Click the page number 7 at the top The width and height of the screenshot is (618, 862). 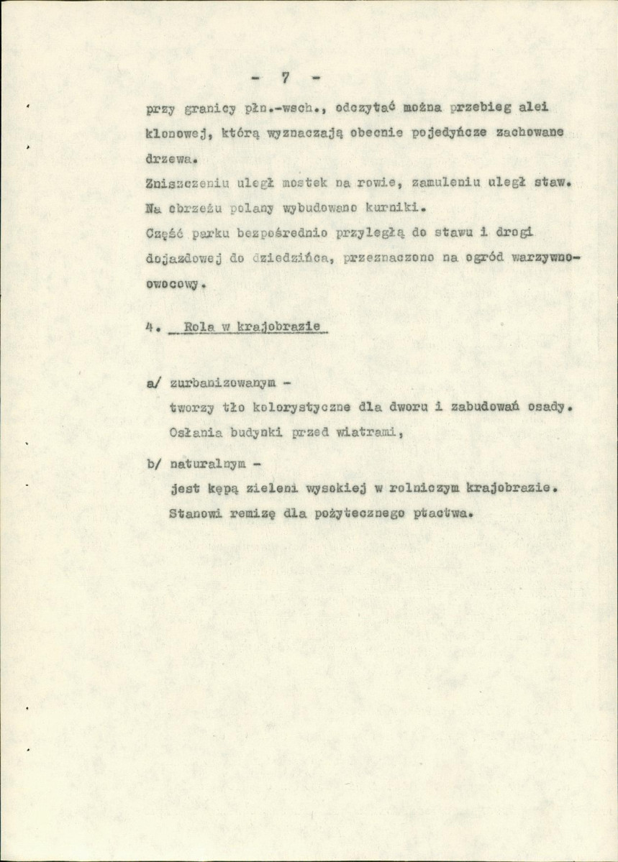coord(285,78)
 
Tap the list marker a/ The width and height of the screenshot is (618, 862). coord(153,383)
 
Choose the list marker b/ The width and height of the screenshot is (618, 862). coord(153,464)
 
